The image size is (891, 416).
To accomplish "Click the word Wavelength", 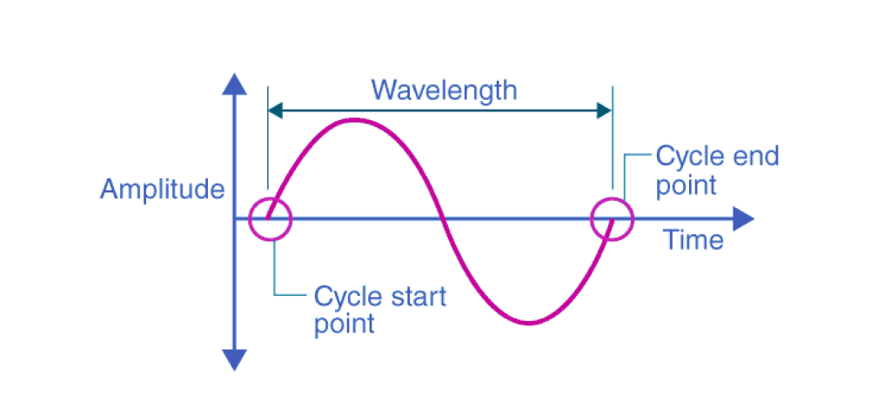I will click(x=444, y=89).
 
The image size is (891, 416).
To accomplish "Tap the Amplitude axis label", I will click(x=163, y=189).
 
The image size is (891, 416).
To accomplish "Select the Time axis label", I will click(x=693, y=239).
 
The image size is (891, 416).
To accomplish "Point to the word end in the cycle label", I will click(x=753, y=157).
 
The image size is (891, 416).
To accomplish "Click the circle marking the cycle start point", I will click(x=270, y=218).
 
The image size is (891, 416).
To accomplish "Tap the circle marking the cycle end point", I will click(x=612, y=218).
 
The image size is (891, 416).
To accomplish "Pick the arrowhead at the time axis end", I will click(x=742, y=218).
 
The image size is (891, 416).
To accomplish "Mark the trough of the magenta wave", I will click(x=529, y=323).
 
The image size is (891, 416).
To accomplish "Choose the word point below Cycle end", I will click(x=686, y=185).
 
